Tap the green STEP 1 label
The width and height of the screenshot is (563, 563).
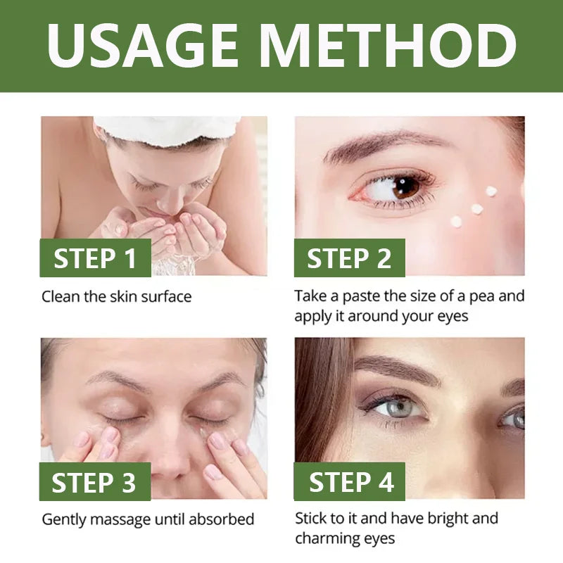click(95, 258)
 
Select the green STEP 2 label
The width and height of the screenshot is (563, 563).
click(349, 258)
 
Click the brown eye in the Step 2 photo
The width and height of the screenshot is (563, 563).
click(404, 187)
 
